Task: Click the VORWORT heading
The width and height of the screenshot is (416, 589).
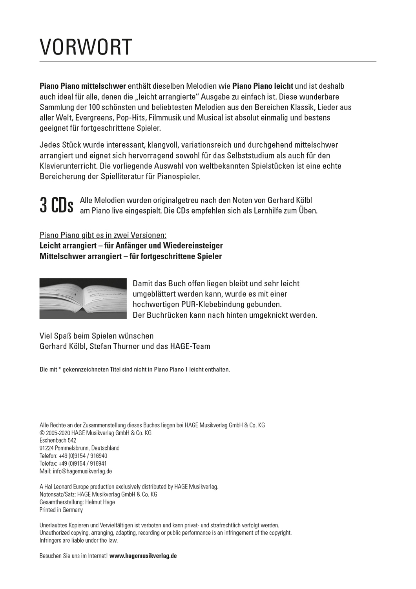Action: coord(86,48)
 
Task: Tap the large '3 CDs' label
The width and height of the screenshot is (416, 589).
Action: coord(57,205)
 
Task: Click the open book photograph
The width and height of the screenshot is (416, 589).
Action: coord(83,298)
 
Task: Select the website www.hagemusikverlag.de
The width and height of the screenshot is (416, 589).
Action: coord(143,556)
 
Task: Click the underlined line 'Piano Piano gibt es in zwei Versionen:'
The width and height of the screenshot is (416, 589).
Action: coord(103,235)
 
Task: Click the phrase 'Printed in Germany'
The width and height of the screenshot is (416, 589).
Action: coord(61,510)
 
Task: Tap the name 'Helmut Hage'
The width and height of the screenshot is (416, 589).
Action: coord(100,502)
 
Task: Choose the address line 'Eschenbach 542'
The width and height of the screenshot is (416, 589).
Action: coord(58,441)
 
